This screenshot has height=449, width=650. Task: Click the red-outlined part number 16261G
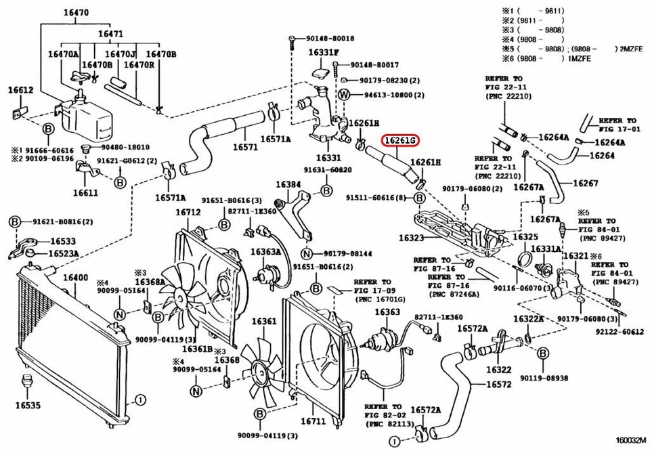400,141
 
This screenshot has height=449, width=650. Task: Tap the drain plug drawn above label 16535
27,381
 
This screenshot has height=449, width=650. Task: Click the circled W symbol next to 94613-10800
343,94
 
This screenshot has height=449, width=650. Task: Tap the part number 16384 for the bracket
288,184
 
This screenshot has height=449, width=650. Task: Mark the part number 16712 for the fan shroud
189,212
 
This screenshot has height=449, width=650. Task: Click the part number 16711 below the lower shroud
313,421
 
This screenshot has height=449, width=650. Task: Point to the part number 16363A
265,252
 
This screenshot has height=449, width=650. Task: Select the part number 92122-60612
620,332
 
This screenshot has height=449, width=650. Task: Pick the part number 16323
411,238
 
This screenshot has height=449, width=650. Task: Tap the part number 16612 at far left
20,89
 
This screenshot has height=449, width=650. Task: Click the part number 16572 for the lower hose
498,384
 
